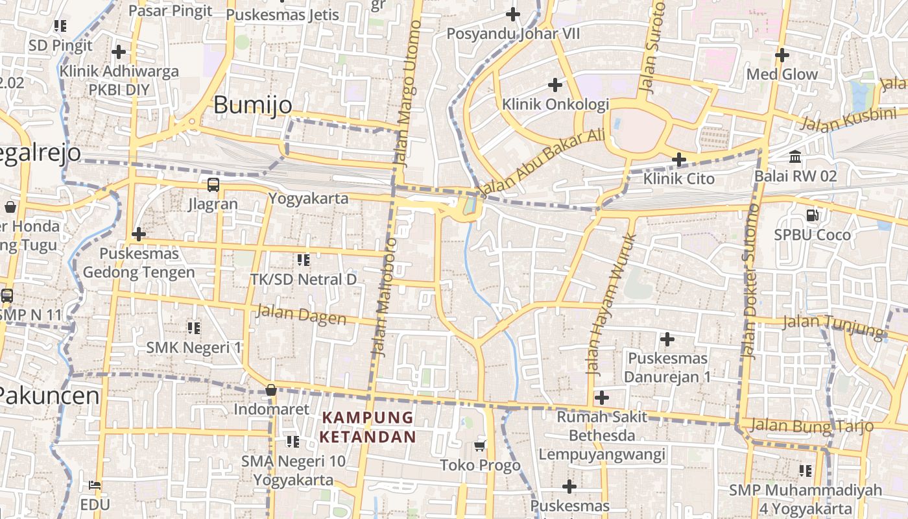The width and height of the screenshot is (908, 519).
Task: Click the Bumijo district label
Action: (x=252, y=105)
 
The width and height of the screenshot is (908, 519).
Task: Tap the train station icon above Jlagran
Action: (x=213, y=185)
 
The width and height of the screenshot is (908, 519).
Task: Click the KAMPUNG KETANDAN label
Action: (x=367, y=427)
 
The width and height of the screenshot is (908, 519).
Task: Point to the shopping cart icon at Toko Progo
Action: (x=480, y=446)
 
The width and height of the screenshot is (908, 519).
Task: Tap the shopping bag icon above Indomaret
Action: (x=271, y=390)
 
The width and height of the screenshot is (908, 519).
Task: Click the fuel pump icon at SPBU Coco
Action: (x=811, y=215)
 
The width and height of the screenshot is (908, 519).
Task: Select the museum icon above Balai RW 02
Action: (x=795, y=157)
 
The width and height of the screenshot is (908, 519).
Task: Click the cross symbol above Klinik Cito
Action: (x=678, y=159)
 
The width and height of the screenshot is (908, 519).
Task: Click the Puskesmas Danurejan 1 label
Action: (x=667, y=367)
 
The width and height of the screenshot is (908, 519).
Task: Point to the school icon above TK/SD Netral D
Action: (x=303, y=260)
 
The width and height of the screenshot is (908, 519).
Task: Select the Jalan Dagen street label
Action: (x=301, y=315)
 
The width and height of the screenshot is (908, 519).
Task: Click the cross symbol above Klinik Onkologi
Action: (x=555, y=84)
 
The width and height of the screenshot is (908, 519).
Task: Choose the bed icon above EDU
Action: (x=94, y=485)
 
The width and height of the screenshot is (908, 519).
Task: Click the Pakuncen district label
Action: (x=49, y=395)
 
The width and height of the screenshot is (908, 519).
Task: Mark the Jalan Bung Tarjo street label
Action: (x=811, y=426)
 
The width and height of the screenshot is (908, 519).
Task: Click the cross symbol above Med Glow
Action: (x=782, y=55)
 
